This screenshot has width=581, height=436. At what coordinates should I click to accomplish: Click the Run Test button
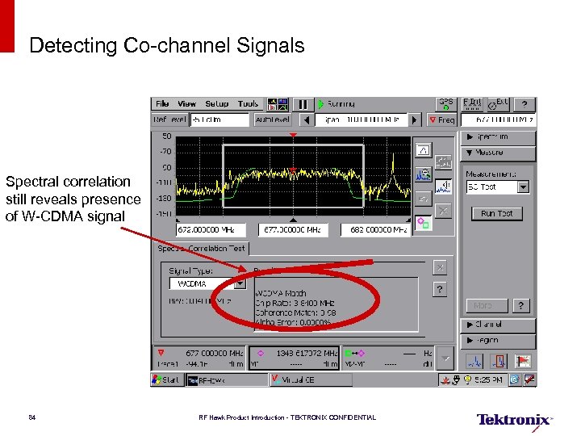click(496, 213)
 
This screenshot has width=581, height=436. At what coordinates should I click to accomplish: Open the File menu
click(162, 104)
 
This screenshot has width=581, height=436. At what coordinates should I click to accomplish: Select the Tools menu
click(248, 104)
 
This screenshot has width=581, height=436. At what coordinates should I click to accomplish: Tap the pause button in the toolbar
click(302, 104)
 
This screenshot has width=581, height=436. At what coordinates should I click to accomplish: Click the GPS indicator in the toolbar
click(445, 104)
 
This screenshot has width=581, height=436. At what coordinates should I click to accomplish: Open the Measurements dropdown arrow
click(523, 187)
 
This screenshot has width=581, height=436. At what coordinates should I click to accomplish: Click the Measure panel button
click(497, 153)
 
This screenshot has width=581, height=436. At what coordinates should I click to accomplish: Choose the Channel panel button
click(497, 325)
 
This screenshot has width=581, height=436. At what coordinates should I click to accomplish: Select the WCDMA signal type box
click(202, 284)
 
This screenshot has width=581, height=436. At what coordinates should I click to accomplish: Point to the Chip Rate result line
click(294, 303)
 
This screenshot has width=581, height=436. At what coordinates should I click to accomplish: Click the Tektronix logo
click(514, 419)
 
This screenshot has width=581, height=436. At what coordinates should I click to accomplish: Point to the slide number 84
click(31, 417)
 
